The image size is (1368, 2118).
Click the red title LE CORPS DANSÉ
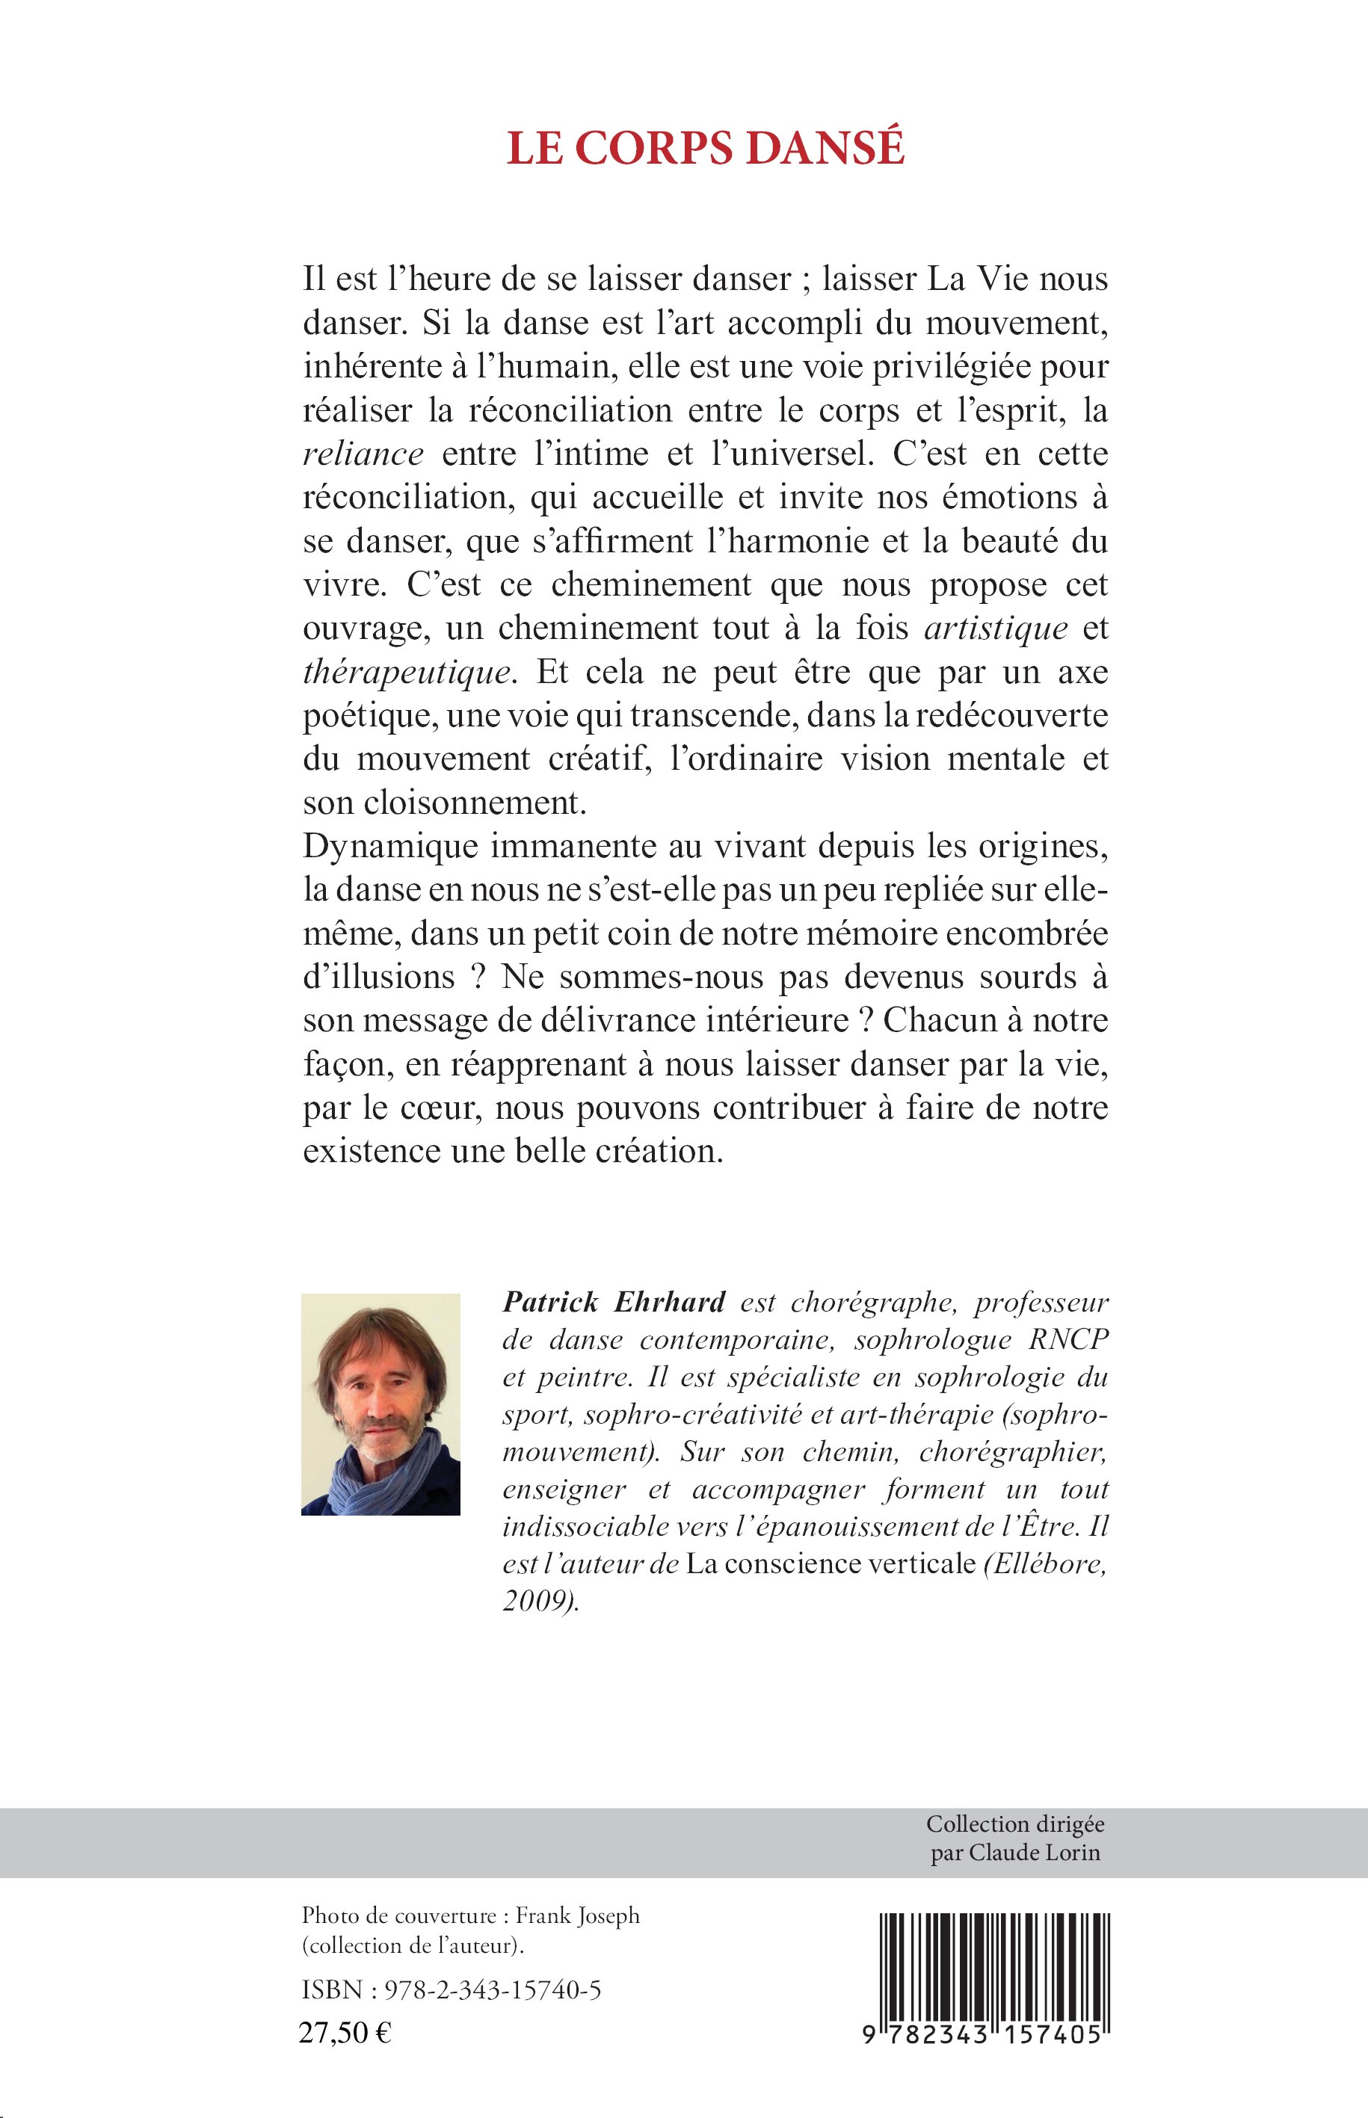(706, 148)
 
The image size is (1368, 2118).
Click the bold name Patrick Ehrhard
(614, 1302)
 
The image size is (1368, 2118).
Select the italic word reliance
(363, 454)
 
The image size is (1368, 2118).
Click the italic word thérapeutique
(407, 673)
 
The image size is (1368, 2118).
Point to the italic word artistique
(996, 628)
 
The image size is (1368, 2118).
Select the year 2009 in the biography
(538, 1600)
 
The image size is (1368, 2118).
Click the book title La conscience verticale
(831, 1563)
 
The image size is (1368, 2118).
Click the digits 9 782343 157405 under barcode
(982, 2035)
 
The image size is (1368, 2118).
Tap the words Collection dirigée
(1014, 1824)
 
